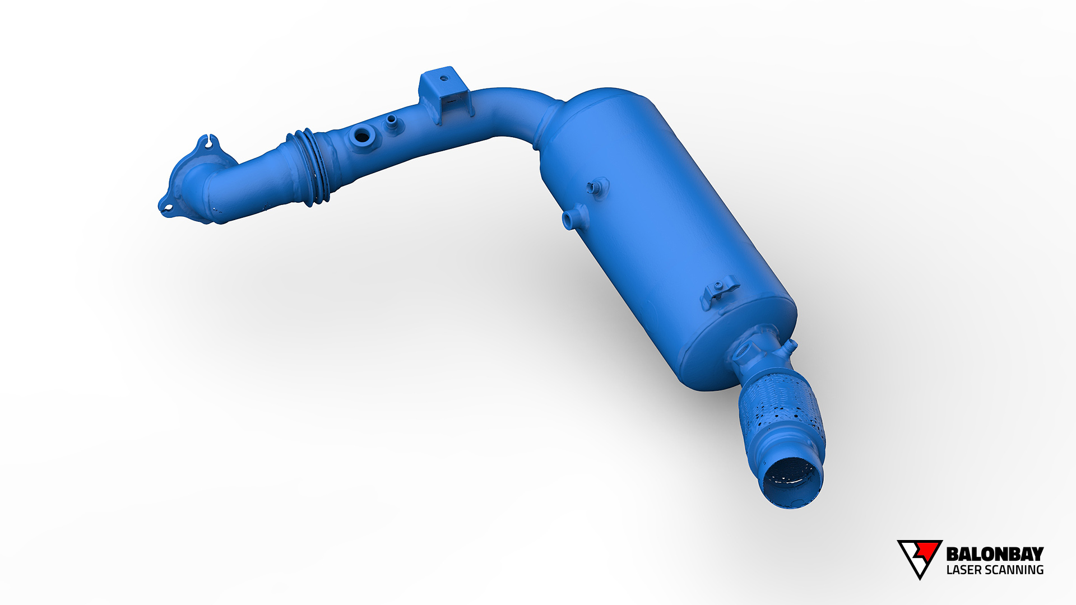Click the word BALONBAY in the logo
tap(995, 554)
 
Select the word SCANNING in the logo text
tap(1014, 570)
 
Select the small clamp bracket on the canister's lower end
tap(719, 291)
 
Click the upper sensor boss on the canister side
tap(599, 187)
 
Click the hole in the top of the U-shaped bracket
tap(444, 78)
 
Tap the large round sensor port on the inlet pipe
tap(362, 136)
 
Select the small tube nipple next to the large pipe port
tap(392, 120)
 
